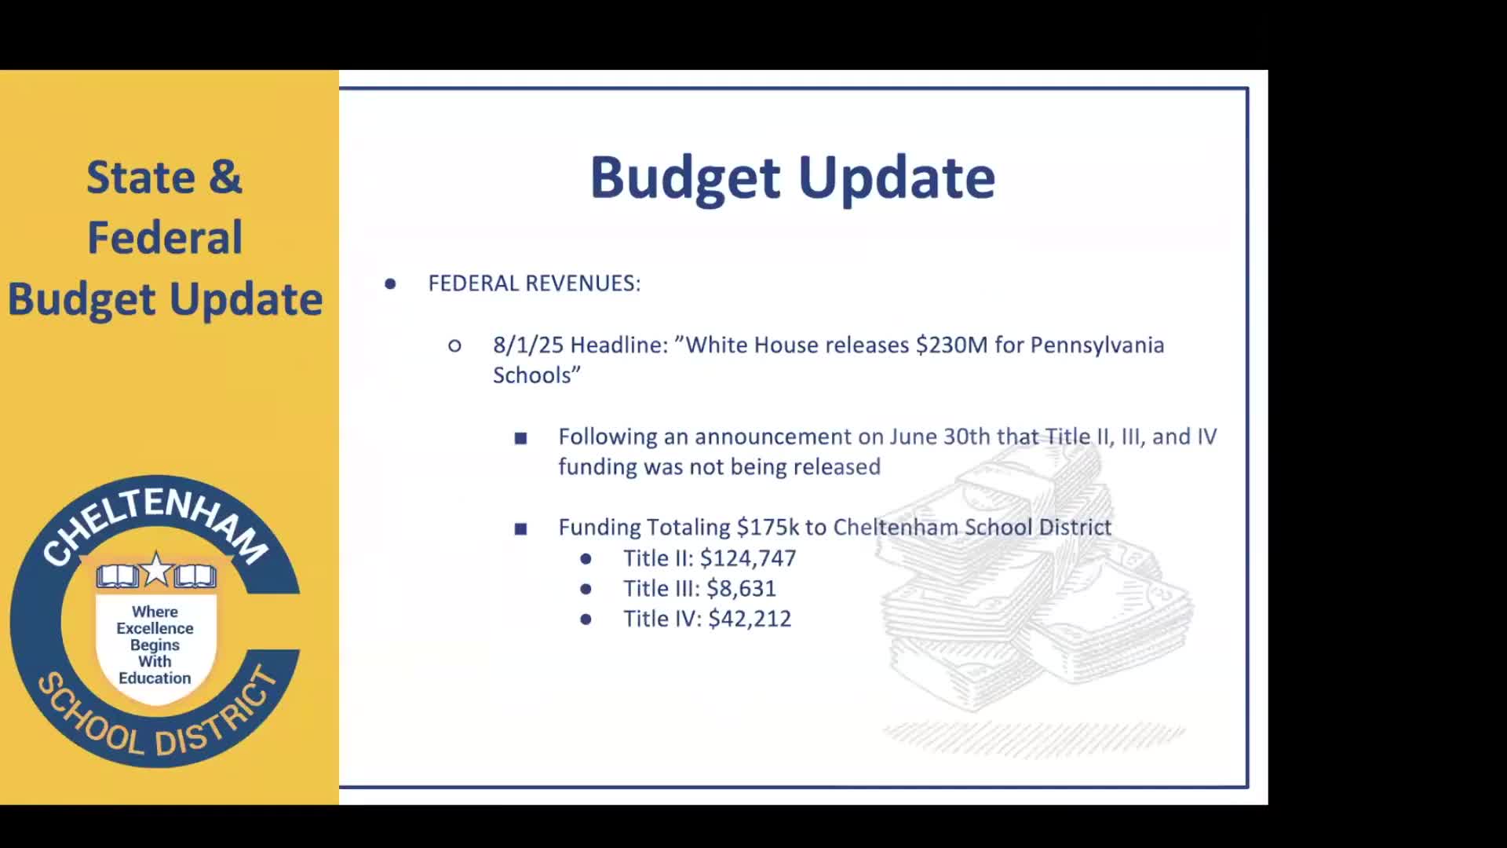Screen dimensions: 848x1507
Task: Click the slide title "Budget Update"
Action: (792, 177)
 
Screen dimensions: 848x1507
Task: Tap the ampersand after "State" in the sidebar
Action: (225, 177)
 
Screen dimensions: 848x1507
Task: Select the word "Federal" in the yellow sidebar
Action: (165, 237)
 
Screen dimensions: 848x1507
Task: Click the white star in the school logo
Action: (156, 569)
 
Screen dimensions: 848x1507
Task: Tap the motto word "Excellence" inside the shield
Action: (155, 628)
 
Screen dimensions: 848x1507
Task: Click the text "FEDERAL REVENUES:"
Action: (534, 283)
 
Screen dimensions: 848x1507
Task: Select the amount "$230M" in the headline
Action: (951, 345)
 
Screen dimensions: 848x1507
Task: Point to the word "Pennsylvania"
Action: (1096, 345)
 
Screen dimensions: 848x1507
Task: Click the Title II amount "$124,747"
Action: (747, 558)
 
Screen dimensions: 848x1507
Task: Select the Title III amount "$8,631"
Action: (741, 589)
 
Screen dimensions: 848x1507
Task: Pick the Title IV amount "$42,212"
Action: (749, 619)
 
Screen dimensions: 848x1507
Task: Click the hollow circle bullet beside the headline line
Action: (454, 345)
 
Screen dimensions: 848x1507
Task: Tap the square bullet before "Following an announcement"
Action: (520, 438)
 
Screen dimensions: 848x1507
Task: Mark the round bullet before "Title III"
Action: (586, 589)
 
